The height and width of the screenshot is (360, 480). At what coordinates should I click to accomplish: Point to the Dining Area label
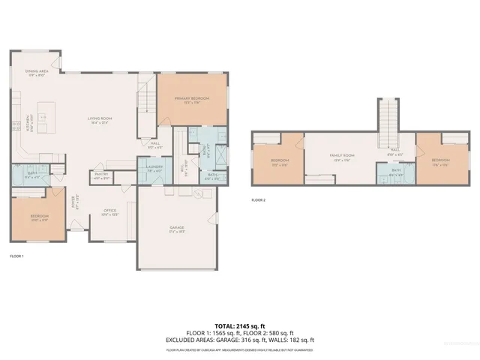click(37, 73)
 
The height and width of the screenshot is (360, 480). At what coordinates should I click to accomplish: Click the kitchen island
click(43, 118)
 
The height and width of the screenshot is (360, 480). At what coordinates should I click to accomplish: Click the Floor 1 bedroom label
click(39, 218)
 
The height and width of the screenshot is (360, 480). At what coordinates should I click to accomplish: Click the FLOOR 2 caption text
click(259, 200)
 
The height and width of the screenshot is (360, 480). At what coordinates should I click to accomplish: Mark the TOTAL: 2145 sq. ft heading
click(239, 325)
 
